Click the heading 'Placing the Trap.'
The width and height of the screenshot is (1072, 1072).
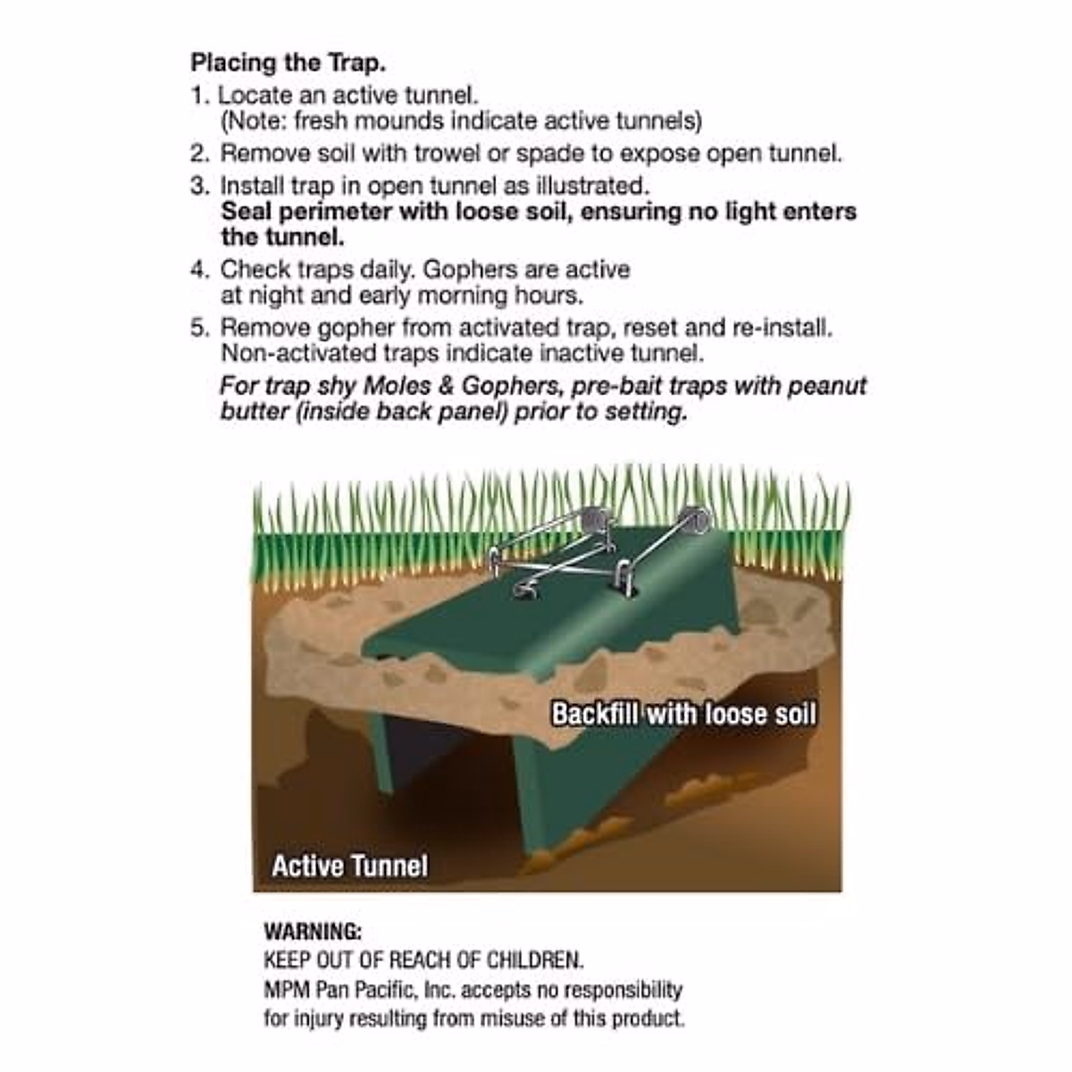[x=288, y=63]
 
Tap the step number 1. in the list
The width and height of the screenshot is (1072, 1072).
[x=200, y=95]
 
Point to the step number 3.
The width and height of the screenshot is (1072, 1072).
[x=200, y=186]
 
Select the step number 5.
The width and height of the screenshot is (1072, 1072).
[x=200, y=327]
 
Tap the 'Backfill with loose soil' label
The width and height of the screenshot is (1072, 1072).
[x=683, y=714]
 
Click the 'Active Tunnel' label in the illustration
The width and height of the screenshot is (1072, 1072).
[x=349, y=866]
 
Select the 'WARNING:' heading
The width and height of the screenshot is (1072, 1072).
[x=313, y=931]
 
